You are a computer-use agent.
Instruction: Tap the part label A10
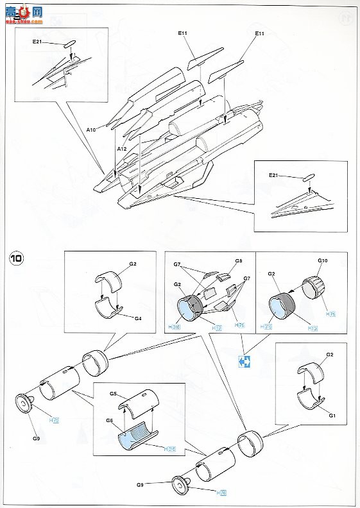point(91,130)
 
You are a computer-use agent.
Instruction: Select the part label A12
point(121,148)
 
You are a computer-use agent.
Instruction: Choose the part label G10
point(322,261)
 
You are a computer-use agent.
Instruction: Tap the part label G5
point(113,393)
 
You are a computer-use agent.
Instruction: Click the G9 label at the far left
point(36,438)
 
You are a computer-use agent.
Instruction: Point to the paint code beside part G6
point(169,449)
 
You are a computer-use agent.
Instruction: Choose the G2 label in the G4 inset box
point(133,264)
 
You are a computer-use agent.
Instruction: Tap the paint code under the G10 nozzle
point(330,314)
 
